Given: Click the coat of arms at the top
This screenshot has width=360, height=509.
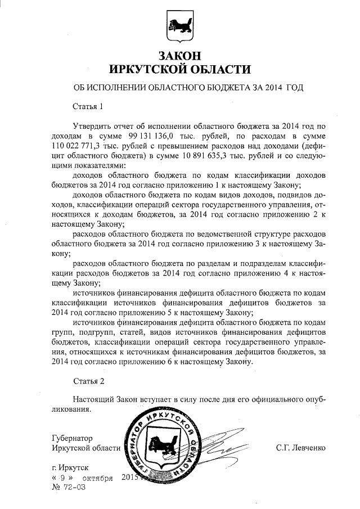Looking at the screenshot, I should click(x=179, y=25).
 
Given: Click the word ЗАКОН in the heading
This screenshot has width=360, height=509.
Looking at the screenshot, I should click(x=179, y=56).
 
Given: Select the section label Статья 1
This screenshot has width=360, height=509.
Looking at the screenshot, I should click(x=89, y=106).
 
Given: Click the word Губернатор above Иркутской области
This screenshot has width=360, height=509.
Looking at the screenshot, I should click(x=71, y=438).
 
